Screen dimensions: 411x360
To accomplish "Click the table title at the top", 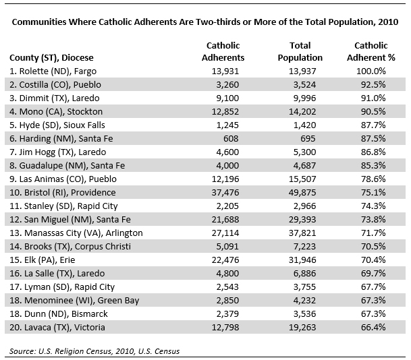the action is click(x=205, y=22).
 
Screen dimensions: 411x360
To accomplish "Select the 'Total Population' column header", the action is click(x=300, y=52).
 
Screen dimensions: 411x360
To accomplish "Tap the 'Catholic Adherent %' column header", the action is click(x=371, y=52).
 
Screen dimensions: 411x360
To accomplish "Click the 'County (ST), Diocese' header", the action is click(x=51, y=58).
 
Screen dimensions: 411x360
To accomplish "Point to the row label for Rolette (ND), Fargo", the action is click(x=53, y=71).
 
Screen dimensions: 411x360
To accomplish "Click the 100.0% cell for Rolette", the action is click(x=371, y=71).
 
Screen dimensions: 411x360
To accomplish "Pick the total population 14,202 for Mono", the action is click(x=302, y=112).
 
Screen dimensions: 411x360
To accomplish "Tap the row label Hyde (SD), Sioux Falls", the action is click(x=57, y=125).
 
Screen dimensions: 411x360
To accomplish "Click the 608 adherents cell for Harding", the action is click(x=231, y=139).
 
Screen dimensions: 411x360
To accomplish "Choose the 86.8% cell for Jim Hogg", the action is click(x=373, y=152).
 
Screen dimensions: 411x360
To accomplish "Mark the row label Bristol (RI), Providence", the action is click(x=63, y=193).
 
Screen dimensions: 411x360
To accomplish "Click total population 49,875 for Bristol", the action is click(x=302, y=193).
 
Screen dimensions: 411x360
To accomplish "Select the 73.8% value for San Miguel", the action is click(x=373, y=220).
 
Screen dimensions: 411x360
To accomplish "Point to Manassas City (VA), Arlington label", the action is click(x=76, y=233).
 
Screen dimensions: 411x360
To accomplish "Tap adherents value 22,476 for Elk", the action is click(x=225, y=260).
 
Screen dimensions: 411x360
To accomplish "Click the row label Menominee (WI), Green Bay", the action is click(x=74, y=301).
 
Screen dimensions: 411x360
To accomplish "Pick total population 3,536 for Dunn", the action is click(x=304, y=314).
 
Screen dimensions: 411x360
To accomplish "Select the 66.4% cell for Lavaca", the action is click(x=373, y=328).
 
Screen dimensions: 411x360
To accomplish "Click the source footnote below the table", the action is click(x=94, y=351).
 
